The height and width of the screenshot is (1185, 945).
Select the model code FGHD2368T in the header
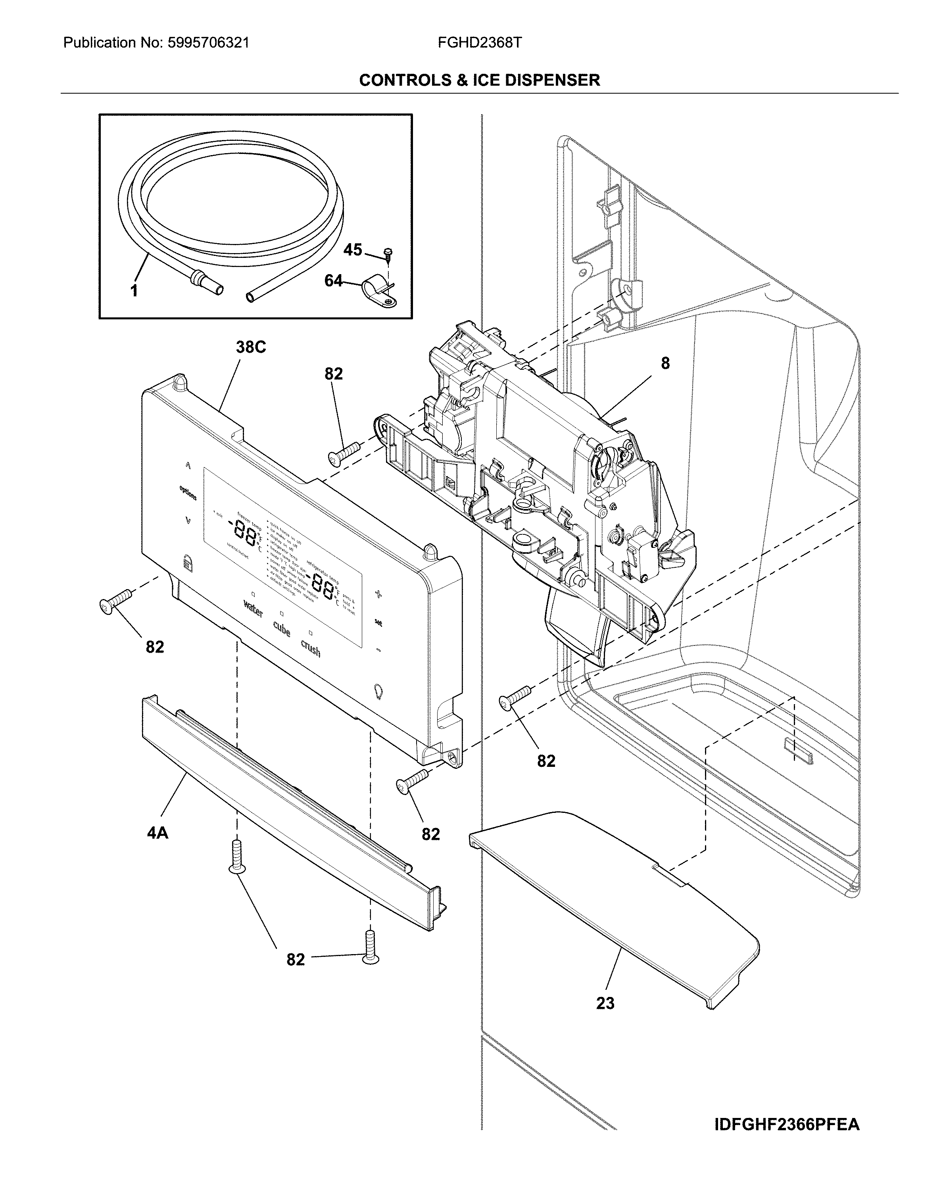tap(479, 43)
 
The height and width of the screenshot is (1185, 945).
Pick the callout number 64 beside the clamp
tap(333, 281)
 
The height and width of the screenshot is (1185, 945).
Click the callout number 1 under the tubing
tap(134, 291)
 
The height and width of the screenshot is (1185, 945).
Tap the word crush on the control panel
tap(311, 649)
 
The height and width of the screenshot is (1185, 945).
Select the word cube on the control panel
tap(281, 629)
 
